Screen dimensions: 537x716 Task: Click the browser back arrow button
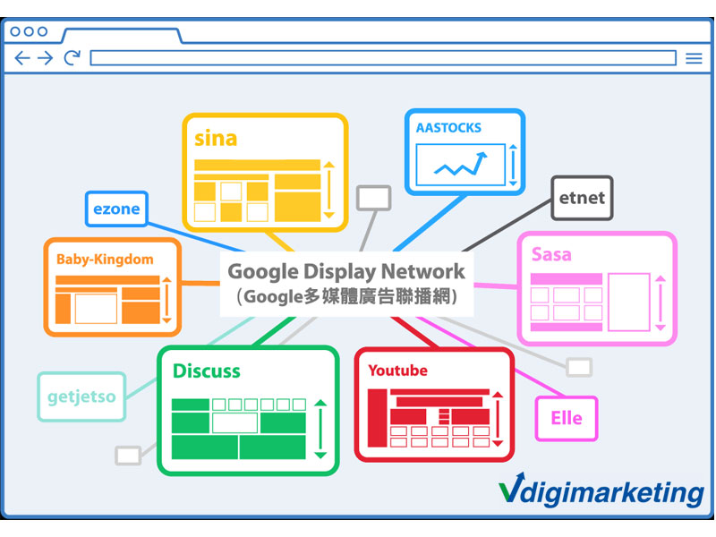[22, 58]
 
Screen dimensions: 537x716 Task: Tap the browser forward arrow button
[45, 58]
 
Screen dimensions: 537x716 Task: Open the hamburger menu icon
[694, 58]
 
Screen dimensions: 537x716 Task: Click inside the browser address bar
[382, 58]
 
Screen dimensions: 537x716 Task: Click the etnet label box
[583, 198]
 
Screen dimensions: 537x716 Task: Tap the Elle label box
[566, 418]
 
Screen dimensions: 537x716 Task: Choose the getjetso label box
[81, 396]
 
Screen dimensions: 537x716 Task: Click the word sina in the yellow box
[216, 139]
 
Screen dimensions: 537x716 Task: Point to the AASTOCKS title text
[448, 128]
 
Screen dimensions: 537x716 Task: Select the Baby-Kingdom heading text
[105, 260]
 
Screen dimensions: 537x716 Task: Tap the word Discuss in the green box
[207, 371]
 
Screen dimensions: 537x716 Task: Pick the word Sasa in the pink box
[551, 254]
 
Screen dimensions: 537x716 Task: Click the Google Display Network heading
[346, 271]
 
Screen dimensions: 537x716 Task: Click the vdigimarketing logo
[601, 491]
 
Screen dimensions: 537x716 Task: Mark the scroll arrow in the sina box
[328, 190]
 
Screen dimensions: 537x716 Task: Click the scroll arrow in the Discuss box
[320, 429]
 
